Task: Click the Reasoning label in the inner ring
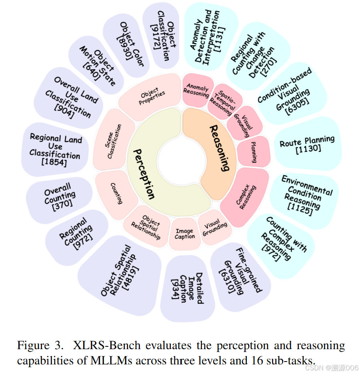click(220, 148)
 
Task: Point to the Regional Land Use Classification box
click(55, 150)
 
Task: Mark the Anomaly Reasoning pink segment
click(196, 90)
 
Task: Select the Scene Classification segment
click(114, 141)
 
